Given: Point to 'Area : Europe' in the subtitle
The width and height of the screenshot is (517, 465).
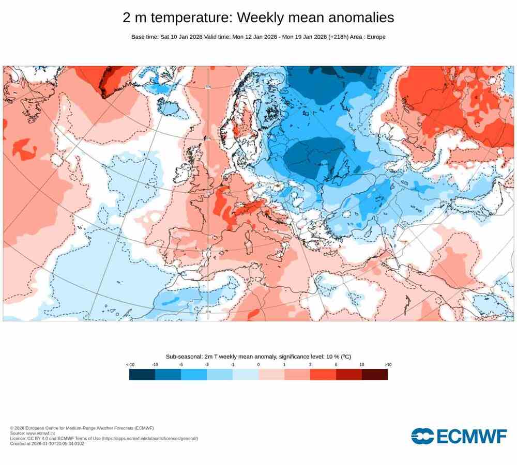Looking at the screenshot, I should (x=368, y=37).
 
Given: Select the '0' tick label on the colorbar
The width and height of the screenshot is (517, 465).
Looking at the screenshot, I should (x=258, y=365).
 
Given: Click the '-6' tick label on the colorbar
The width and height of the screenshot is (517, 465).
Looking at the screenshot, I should (x=181, y=365).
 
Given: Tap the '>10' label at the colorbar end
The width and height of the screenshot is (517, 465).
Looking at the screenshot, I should (x=388, y=365).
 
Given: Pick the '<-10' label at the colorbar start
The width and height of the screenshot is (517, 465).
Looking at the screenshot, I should (x=130, y=365).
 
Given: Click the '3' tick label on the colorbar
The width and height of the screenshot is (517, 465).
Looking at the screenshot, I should (x=310, y=365).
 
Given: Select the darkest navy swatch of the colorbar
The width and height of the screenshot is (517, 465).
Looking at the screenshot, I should (x=142, y=375).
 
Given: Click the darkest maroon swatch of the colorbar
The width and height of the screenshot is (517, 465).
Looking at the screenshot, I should (x=375, y=375).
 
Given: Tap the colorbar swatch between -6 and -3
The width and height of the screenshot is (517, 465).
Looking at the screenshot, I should (x=194, y=375).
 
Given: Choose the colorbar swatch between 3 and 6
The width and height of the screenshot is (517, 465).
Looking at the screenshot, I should (x=323, y=375).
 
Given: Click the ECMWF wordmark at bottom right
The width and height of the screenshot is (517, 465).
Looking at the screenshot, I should (x=472, y=437).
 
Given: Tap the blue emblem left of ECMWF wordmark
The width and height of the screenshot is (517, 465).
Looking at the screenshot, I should (x=423, y=437).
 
